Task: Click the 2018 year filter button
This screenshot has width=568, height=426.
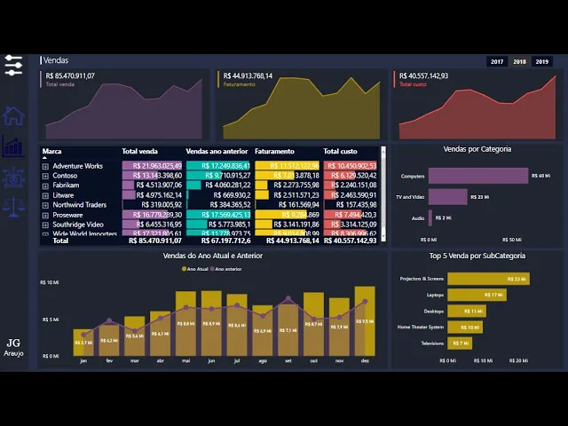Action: point(519,61)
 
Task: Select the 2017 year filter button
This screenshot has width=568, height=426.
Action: point(497,61)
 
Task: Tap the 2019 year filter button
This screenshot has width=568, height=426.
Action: point(541,61)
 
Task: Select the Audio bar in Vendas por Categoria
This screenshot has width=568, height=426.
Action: point(431,217)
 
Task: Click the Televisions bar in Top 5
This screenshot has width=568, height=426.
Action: point(460,343)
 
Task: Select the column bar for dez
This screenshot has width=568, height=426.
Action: point(365,320)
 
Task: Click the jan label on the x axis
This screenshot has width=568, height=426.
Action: point(83,361)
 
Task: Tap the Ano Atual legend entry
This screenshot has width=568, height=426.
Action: point(196,269)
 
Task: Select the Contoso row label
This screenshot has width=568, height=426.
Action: point(66,176)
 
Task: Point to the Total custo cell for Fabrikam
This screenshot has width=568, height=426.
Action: point(351,185)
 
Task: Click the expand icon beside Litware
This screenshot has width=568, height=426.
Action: point(45,195)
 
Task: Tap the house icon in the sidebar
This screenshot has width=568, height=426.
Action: point(13,115)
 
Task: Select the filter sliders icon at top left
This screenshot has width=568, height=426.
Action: point(13,65)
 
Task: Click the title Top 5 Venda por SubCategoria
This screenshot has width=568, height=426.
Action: point(477,256)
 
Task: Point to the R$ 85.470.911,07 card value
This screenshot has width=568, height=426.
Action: point(70,76)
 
